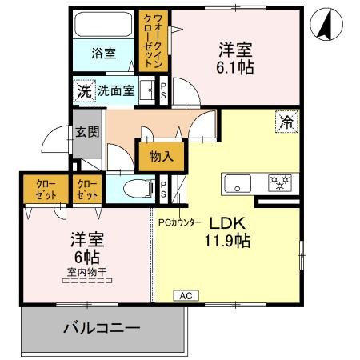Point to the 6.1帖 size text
[x=237, y=67]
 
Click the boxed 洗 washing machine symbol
[x=83, y=90]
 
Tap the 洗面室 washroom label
[x=116, y=90]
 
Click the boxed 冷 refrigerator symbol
[x=285, y=122]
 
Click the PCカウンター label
[x=179, y=222]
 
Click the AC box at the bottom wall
[x=186, y=296]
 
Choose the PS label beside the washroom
[x=163, y=90]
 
